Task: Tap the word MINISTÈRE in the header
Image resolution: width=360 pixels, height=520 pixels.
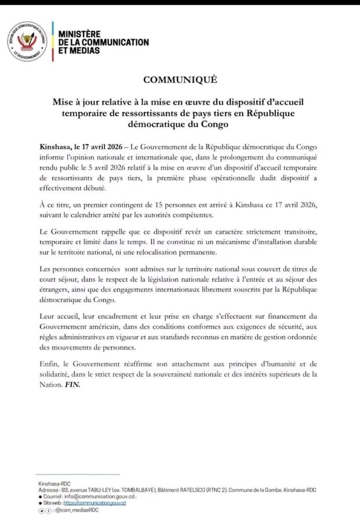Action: click(79, 34)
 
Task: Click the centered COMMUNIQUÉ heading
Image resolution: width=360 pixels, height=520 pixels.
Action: click(180, 80)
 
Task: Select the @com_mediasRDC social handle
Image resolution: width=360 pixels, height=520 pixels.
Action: click(77, 510)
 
